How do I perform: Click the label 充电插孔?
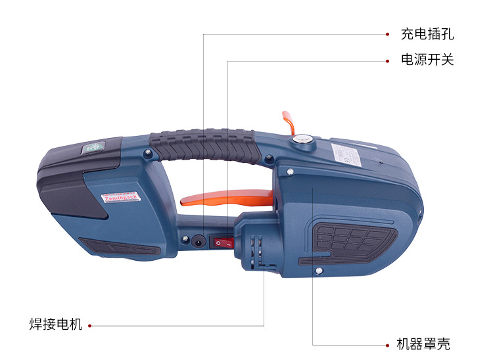point(427,34)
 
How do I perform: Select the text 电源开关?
point(427,60)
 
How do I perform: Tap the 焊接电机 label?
point(56,325)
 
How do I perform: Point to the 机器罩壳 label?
point(424,344)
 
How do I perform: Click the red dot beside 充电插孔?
point(387,34)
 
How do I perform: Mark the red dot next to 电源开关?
point(387,60)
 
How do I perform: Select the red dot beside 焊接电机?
point(89,325)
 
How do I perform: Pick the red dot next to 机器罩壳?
point(387,344)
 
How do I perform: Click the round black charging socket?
point(197,240)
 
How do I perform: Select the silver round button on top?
point(303,139)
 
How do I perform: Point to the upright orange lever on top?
point(288,122)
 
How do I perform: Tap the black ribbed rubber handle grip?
point(203,145)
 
